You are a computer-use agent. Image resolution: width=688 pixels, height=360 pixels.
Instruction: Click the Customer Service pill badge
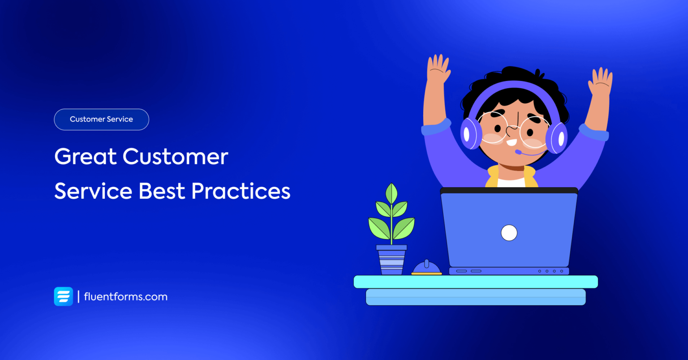click(101, 120)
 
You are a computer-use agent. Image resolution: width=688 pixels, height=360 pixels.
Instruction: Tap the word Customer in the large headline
click(175, 157)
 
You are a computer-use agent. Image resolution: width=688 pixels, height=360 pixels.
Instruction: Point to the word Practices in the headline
click(241, 191)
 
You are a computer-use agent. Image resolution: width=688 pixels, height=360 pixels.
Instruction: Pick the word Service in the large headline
click(93, 191)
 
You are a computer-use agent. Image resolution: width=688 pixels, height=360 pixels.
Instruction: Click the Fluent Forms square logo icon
click(64, 296)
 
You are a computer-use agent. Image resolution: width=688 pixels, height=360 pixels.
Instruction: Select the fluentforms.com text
click(126, 297)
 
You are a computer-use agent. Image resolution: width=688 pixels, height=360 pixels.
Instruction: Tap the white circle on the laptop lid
click(509, 233)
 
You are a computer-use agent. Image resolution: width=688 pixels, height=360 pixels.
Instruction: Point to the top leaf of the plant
click(392, 193)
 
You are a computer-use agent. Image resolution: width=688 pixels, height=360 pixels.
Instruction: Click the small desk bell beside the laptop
click(426, 268)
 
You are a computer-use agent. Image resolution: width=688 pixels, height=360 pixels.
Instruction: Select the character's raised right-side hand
click(600, 82)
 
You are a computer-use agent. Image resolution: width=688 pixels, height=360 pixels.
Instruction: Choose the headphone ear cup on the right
click(557, 137)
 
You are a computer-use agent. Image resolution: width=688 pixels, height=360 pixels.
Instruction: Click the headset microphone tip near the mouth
click(518, 152)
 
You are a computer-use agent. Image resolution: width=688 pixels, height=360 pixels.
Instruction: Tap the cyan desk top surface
click(475, 282)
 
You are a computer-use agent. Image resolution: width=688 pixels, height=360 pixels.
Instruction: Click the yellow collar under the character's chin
click(493, 176)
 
